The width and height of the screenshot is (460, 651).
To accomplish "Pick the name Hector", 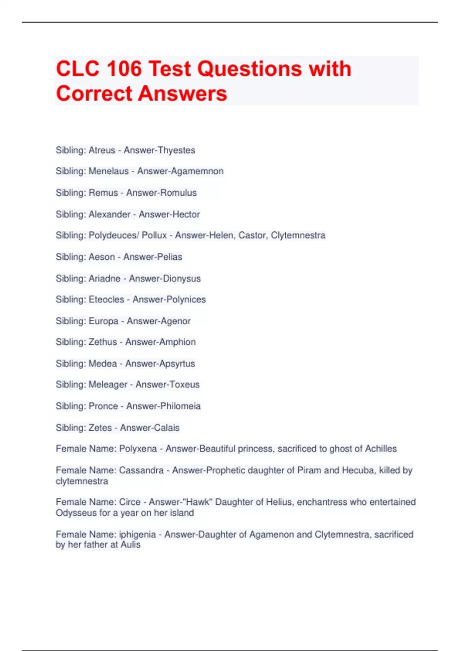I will click(x=185, y=214).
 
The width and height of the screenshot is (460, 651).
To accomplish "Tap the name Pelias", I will click(x=170, y=257).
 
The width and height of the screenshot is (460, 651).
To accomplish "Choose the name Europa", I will click(x=103, y=321).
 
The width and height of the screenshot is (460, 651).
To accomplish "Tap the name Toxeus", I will click(x=184, y=384).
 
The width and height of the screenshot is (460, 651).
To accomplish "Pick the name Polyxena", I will click(x=138, y=449).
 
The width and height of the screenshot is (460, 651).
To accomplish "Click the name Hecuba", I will click(x=358, y=470).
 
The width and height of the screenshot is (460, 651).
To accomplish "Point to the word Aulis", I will click(x=131, y=545).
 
